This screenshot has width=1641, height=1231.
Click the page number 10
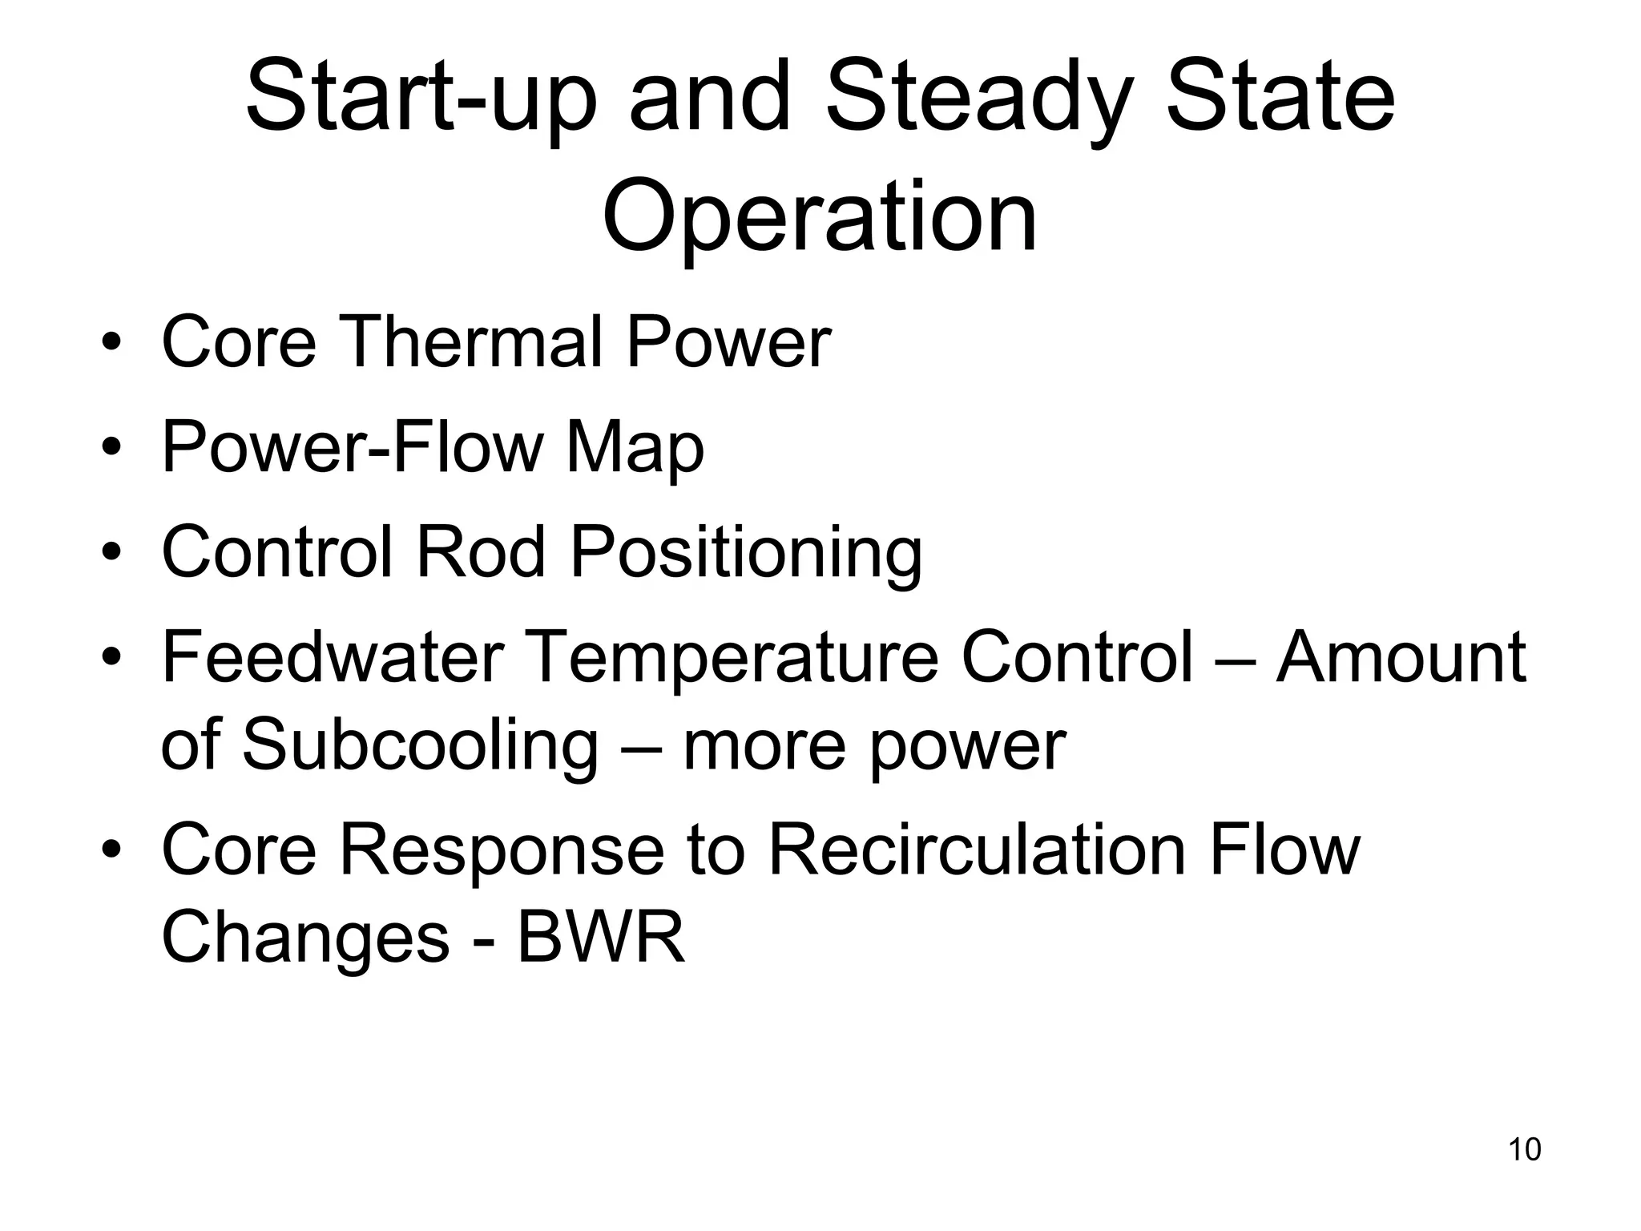(x=1524, y=1150)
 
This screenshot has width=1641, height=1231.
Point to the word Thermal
(x=474, y=342)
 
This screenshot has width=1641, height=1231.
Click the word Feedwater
(x=333, y=657)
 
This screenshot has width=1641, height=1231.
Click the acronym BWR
(x=602, y=938)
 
